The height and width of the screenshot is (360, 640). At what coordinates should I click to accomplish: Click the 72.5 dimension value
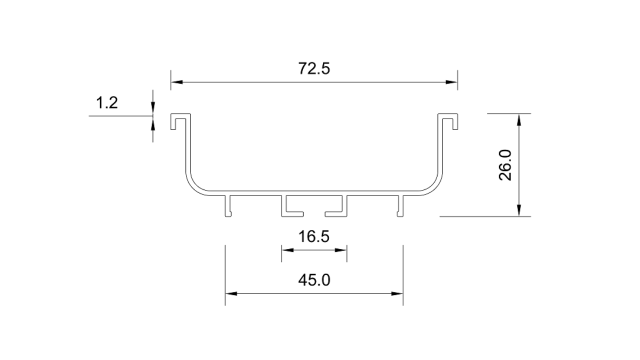click(314, 69)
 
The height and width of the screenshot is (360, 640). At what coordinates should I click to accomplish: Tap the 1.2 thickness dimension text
click(107, 103)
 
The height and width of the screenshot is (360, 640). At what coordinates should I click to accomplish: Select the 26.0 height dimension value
click(505, 165)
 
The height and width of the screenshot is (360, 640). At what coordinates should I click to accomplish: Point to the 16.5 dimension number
click(313, 236)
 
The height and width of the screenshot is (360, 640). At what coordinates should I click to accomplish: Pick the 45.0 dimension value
click(314, 280)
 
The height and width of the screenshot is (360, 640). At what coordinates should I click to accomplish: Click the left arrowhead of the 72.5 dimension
click(177, 82)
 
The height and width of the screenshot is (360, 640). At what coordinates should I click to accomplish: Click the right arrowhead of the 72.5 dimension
click(451, 82)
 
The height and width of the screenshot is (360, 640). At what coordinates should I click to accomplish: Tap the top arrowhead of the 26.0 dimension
click(519, 119)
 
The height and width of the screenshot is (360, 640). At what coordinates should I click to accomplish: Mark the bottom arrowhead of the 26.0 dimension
click(519, 210)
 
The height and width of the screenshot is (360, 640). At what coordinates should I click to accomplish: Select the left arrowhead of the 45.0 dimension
click(231, 293)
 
